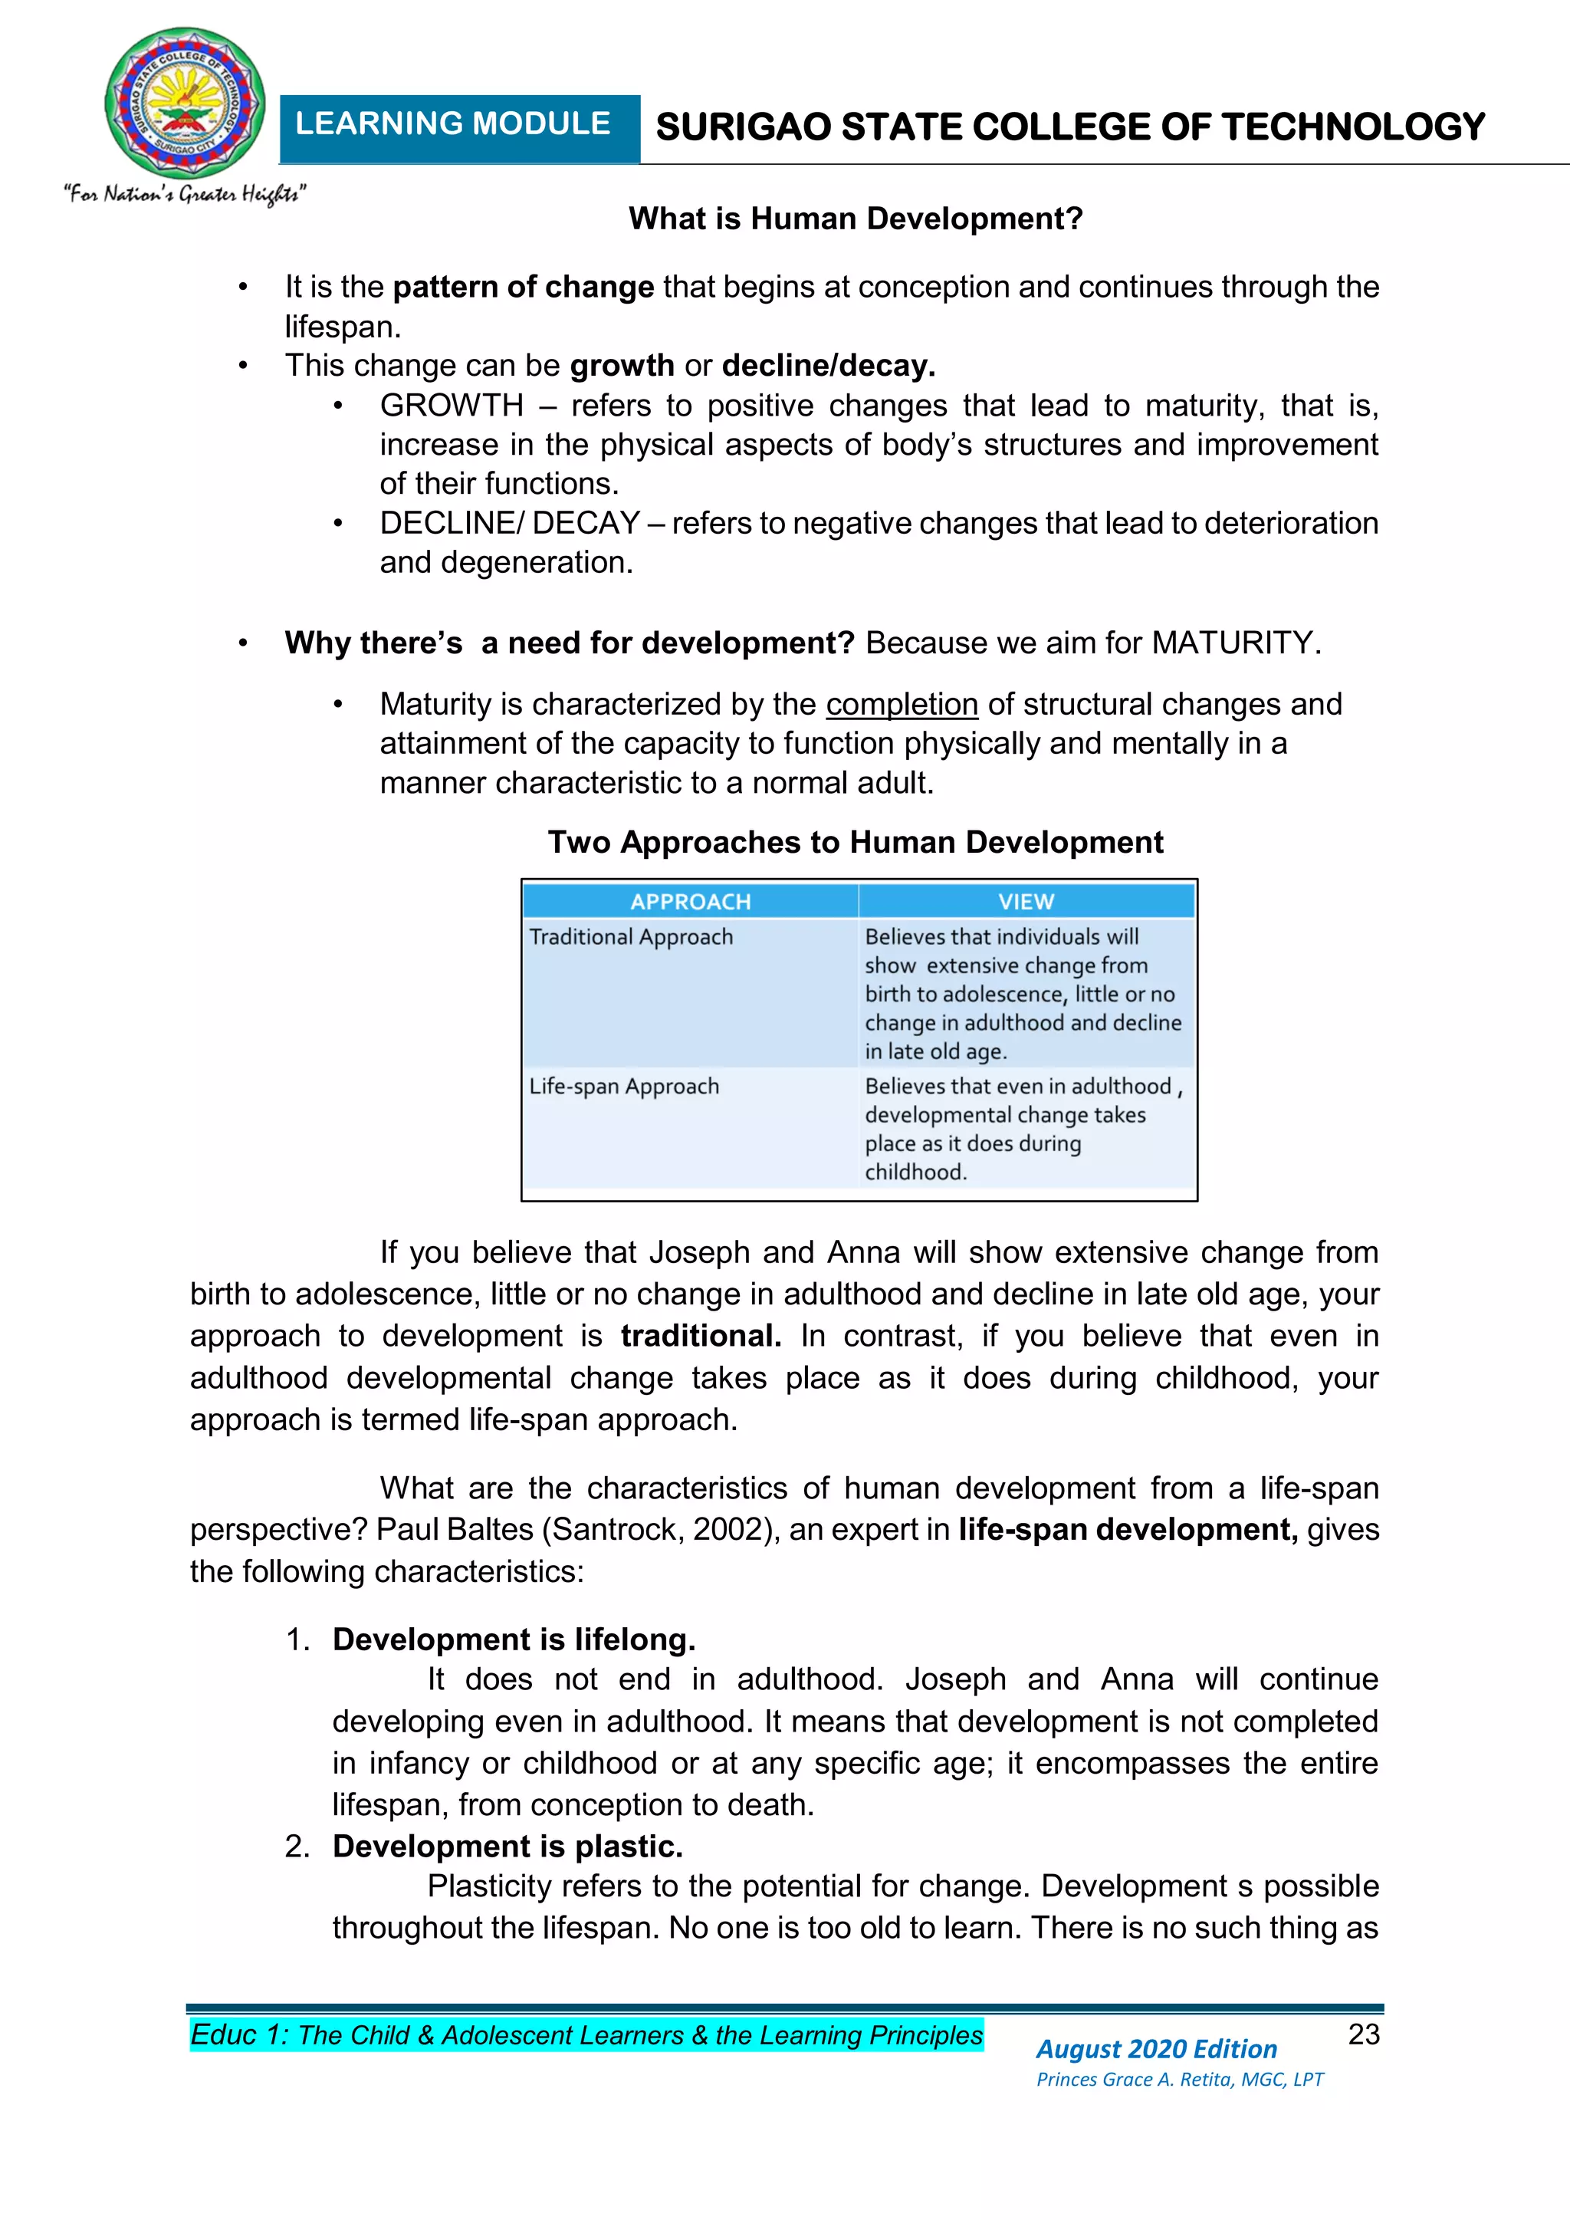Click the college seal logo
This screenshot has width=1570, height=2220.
click(185, 103)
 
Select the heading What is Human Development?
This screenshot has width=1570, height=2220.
click(856, 219)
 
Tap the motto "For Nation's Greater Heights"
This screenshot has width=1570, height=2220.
click(185, 194)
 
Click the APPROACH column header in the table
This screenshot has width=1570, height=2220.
click(690, 901)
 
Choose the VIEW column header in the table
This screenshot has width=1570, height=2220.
click(1026, 901)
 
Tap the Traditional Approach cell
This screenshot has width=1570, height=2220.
click(631, 937)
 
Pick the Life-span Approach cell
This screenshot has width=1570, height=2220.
click(623, 1086)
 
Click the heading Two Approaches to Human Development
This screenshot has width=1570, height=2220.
click(856, 842)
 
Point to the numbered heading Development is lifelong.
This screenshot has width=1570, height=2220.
click(514, 1639)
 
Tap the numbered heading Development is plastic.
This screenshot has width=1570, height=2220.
click(507, 1846)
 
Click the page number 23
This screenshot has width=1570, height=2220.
click(1363, 2034)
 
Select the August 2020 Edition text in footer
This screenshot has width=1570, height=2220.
click(1156, 2049)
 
